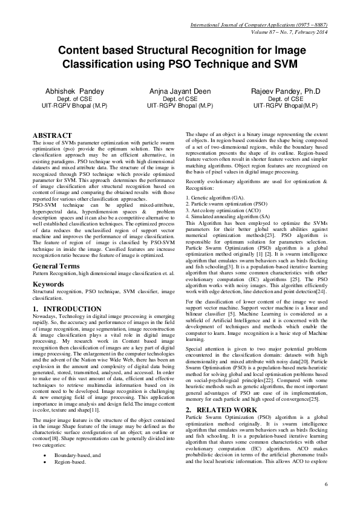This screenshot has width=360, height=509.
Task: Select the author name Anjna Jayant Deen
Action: [180, 91]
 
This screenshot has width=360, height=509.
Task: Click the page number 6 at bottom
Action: [326, 485]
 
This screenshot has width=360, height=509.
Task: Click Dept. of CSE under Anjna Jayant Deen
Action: [180, 99]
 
